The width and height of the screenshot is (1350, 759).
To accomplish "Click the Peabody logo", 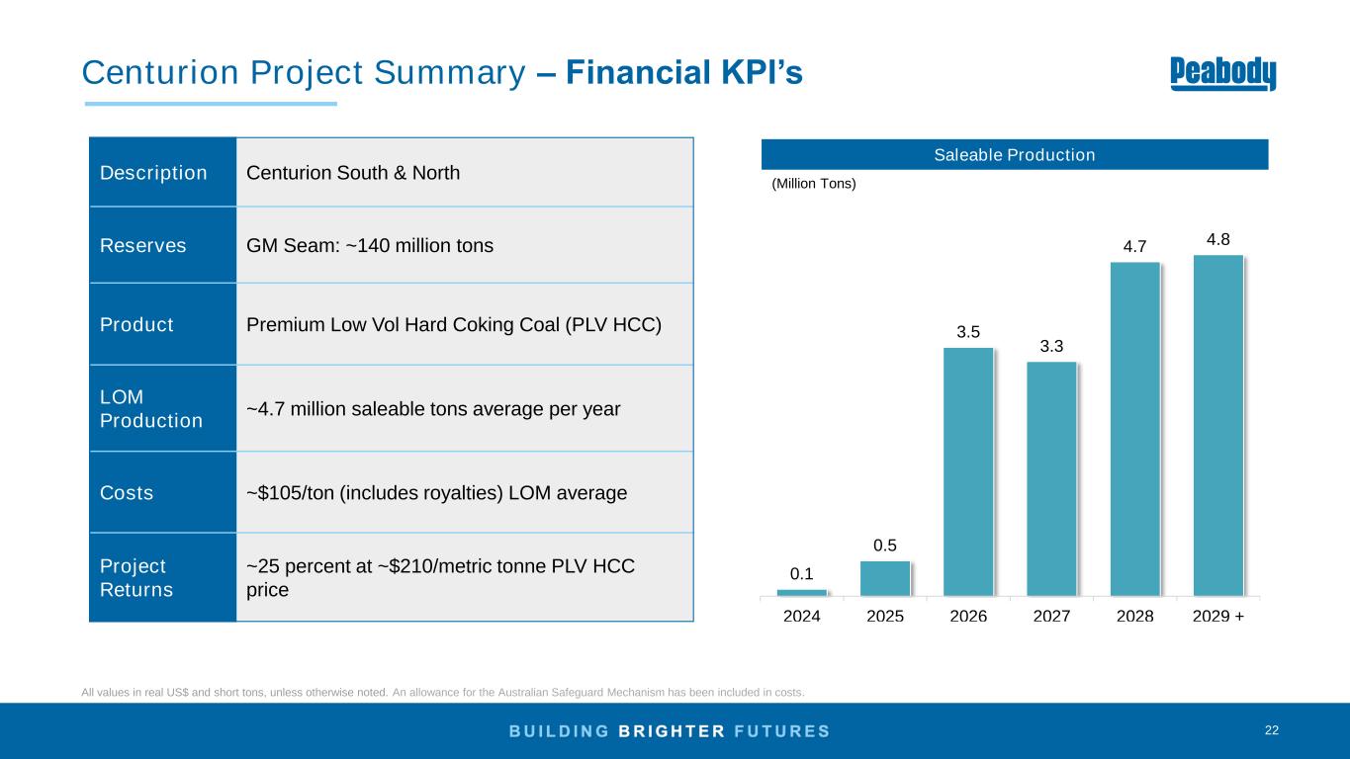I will tap(1222, 73).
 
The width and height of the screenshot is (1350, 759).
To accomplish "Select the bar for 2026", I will tap(968, 471).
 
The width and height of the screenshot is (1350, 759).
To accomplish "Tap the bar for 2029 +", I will tap(1218, 426).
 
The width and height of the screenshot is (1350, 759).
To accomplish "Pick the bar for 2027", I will tap(1051, 478).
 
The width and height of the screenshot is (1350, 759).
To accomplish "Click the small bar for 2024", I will tap(802, 593).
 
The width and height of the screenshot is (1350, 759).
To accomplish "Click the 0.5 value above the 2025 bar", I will tap(885, 545).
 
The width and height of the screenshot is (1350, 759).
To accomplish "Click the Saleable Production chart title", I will tap(1015, 155).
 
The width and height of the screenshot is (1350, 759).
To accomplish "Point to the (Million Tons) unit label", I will tap(813, 184).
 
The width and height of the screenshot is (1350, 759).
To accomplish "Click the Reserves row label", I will tap(142, 245).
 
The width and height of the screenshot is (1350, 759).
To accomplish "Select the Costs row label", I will tap(127, 492).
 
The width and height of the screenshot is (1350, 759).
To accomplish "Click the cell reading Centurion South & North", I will tap(353, 173).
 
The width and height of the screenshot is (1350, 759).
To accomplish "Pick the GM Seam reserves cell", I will tap(369, 245).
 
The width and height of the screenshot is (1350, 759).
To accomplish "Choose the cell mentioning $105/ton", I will tap(436, 492).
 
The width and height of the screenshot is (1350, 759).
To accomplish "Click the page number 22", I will tap(1272, 730).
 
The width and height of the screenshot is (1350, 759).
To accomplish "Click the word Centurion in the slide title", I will tap(144, 72).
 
